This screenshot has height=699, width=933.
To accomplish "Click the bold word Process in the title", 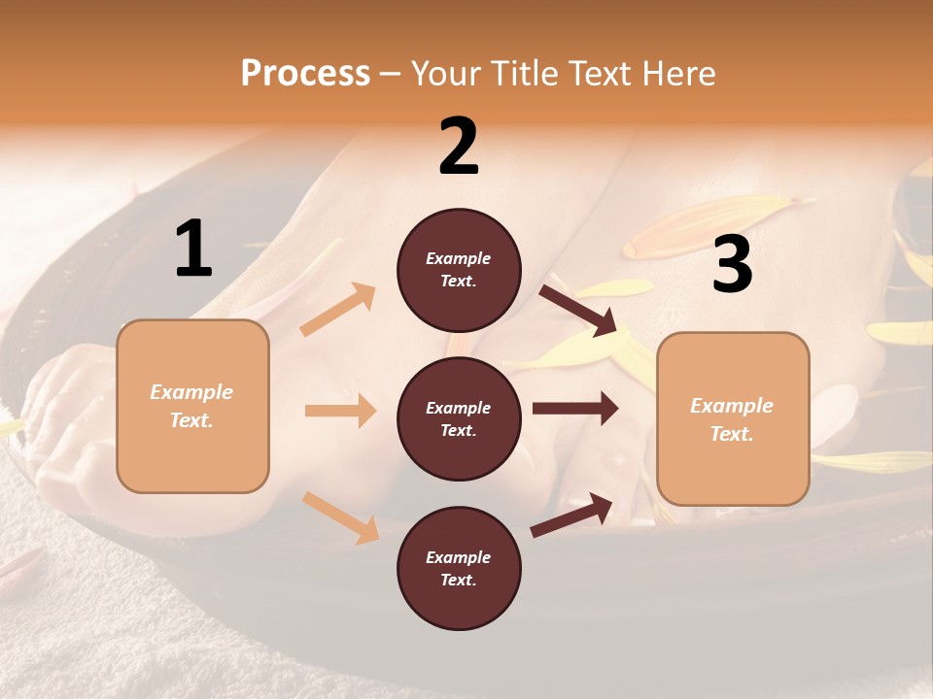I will pos(305,73).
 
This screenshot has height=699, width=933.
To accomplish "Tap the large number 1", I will pos(193,250).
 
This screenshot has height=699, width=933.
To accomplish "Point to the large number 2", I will pos(459,147).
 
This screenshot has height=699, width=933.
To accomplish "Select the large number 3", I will pos(732,265).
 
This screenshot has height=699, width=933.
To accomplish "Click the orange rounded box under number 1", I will pos(192,406).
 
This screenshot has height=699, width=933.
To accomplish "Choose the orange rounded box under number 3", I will pos(733,418).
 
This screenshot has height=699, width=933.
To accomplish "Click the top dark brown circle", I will pos(459,270).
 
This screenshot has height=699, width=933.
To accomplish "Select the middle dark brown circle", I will pos(459,418).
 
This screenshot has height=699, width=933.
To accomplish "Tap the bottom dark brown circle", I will pos(459,568).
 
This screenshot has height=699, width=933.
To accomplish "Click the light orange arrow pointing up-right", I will pos(338,310).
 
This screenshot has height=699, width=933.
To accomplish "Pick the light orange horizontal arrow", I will pos(340,411).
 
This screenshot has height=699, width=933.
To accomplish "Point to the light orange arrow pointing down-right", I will pos(340,516).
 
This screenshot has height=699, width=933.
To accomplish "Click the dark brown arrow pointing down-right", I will pos(577,310).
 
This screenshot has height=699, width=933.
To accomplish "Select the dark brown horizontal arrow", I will pos(574,409).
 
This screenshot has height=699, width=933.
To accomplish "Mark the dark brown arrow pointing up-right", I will pos(572,515).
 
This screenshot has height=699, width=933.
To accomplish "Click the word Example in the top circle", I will pos(459,258).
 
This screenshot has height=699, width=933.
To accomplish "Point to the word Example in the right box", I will pos(732,406).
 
